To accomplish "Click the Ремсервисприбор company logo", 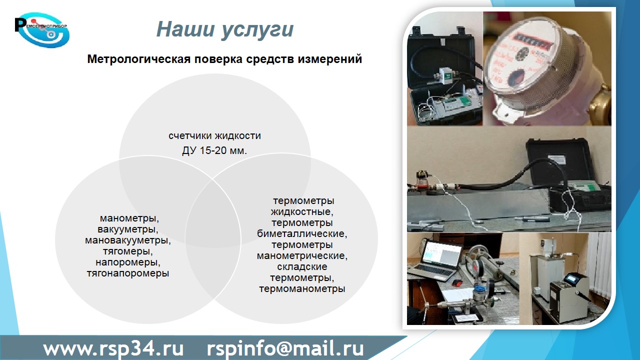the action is [42, 30].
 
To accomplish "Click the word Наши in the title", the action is [185, 29].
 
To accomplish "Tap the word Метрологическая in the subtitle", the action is [139, 59].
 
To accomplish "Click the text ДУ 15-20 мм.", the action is [214, 150].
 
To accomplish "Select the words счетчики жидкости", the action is [214, 135].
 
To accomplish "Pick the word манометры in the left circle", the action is [129, 218].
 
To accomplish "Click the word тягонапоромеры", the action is [127, 273].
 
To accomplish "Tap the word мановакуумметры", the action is [127, 240].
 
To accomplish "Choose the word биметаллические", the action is [302, 233].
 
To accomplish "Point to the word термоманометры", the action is [302, 289].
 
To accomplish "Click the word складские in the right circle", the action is [302, 267].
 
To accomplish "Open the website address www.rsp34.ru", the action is [113, 348].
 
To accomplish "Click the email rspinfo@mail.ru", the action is [285, 348].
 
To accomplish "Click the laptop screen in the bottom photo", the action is [441, 253].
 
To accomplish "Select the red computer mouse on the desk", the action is [457, 283].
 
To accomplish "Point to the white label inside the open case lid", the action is [557, 159].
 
